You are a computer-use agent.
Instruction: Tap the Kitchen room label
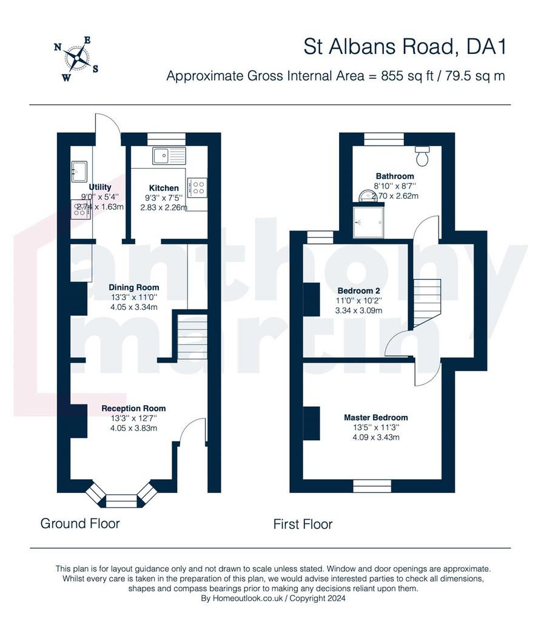click(x=164, y=188)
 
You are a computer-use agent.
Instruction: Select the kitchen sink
click(x=169, y=156)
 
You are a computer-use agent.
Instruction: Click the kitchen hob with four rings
click(x=197, y=188)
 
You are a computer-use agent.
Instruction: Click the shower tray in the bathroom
click(x=369, y=221)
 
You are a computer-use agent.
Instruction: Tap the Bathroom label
click(x=395, y=176)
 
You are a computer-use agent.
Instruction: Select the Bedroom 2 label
click(x=358, y=291)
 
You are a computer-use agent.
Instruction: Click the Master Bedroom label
click(x=376, y=417)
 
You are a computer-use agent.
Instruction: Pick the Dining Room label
click(x=134, y=287)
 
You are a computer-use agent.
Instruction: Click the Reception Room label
click(x=133, y=408)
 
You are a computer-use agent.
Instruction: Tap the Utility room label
click(x=100, y=187)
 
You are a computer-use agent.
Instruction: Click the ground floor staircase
click(x=192, y=336)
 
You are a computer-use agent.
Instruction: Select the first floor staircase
click(x=427, y=303)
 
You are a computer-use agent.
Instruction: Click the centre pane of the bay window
click(x=121, y=500)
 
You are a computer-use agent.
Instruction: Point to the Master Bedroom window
click(x=372, y=486)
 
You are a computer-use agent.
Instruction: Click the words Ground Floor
click(x=80, y=523)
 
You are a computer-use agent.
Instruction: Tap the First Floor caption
click(x=303, y=525)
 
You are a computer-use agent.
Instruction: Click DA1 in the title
click(x=486, y=47)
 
